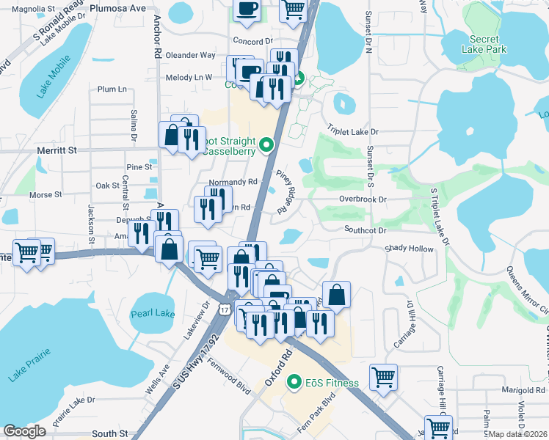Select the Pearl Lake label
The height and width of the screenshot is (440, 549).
pyautogui.click(x=153, y=314)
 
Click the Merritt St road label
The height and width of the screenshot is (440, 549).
pyautogui.click(x=57, y=150)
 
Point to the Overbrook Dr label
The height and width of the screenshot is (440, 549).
pyautogui.click(x=363, y=199)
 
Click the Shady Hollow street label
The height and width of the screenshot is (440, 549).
pyautogui.click(x=410, y=248)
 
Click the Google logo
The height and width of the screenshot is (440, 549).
pyautogui.click(x=24, y=431)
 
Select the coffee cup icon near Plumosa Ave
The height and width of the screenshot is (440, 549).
pyautogui.click(x=247, y=8)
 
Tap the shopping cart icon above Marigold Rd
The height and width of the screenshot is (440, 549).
pyautogui.click(x=384, y=377)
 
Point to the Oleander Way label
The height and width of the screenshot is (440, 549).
pyautogui.click(x=191, y=55)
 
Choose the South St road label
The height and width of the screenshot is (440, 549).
pyautogui.click(x=111, y=433)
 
